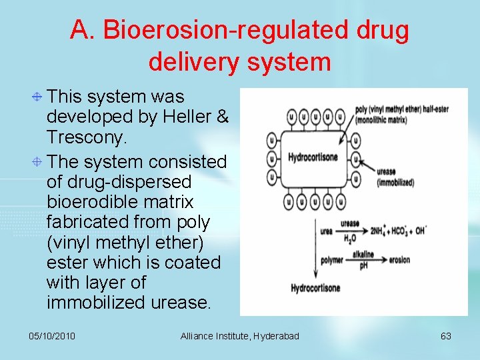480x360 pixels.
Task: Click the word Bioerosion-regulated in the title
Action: [x=226, y=30]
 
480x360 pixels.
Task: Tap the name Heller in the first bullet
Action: [x=189, y=117]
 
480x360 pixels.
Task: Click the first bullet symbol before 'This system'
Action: [x=39, y=97]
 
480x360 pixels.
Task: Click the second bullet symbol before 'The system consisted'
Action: [x=39, y=162]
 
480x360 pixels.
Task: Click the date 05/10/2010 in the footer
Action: [x=52, y=336]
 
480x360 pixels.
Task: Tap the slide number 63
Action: [x=446, y=336]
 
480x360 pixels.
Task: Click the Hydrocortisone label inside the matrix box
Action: [x=313, y=158]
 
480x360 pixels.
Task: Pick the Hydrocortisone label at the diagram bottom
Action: [x=315, y=289]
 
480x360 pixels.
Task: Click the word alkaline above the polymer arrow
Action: [x=363, y=255]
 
